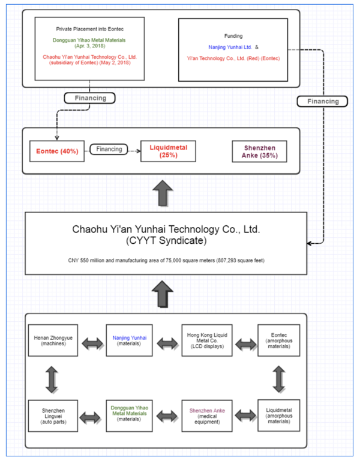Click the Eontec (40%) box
coord(54,151)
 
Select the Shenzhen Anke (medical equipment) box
coord(205,415)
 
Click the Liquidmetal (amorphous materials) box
coord(278,415)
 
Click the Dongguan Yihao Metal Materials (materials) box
coord(129,415)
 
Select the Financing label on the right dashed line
coord(322,101)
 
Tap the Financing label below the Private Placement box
coord(90,97)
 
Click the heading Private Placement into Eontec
coord(90,28)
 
